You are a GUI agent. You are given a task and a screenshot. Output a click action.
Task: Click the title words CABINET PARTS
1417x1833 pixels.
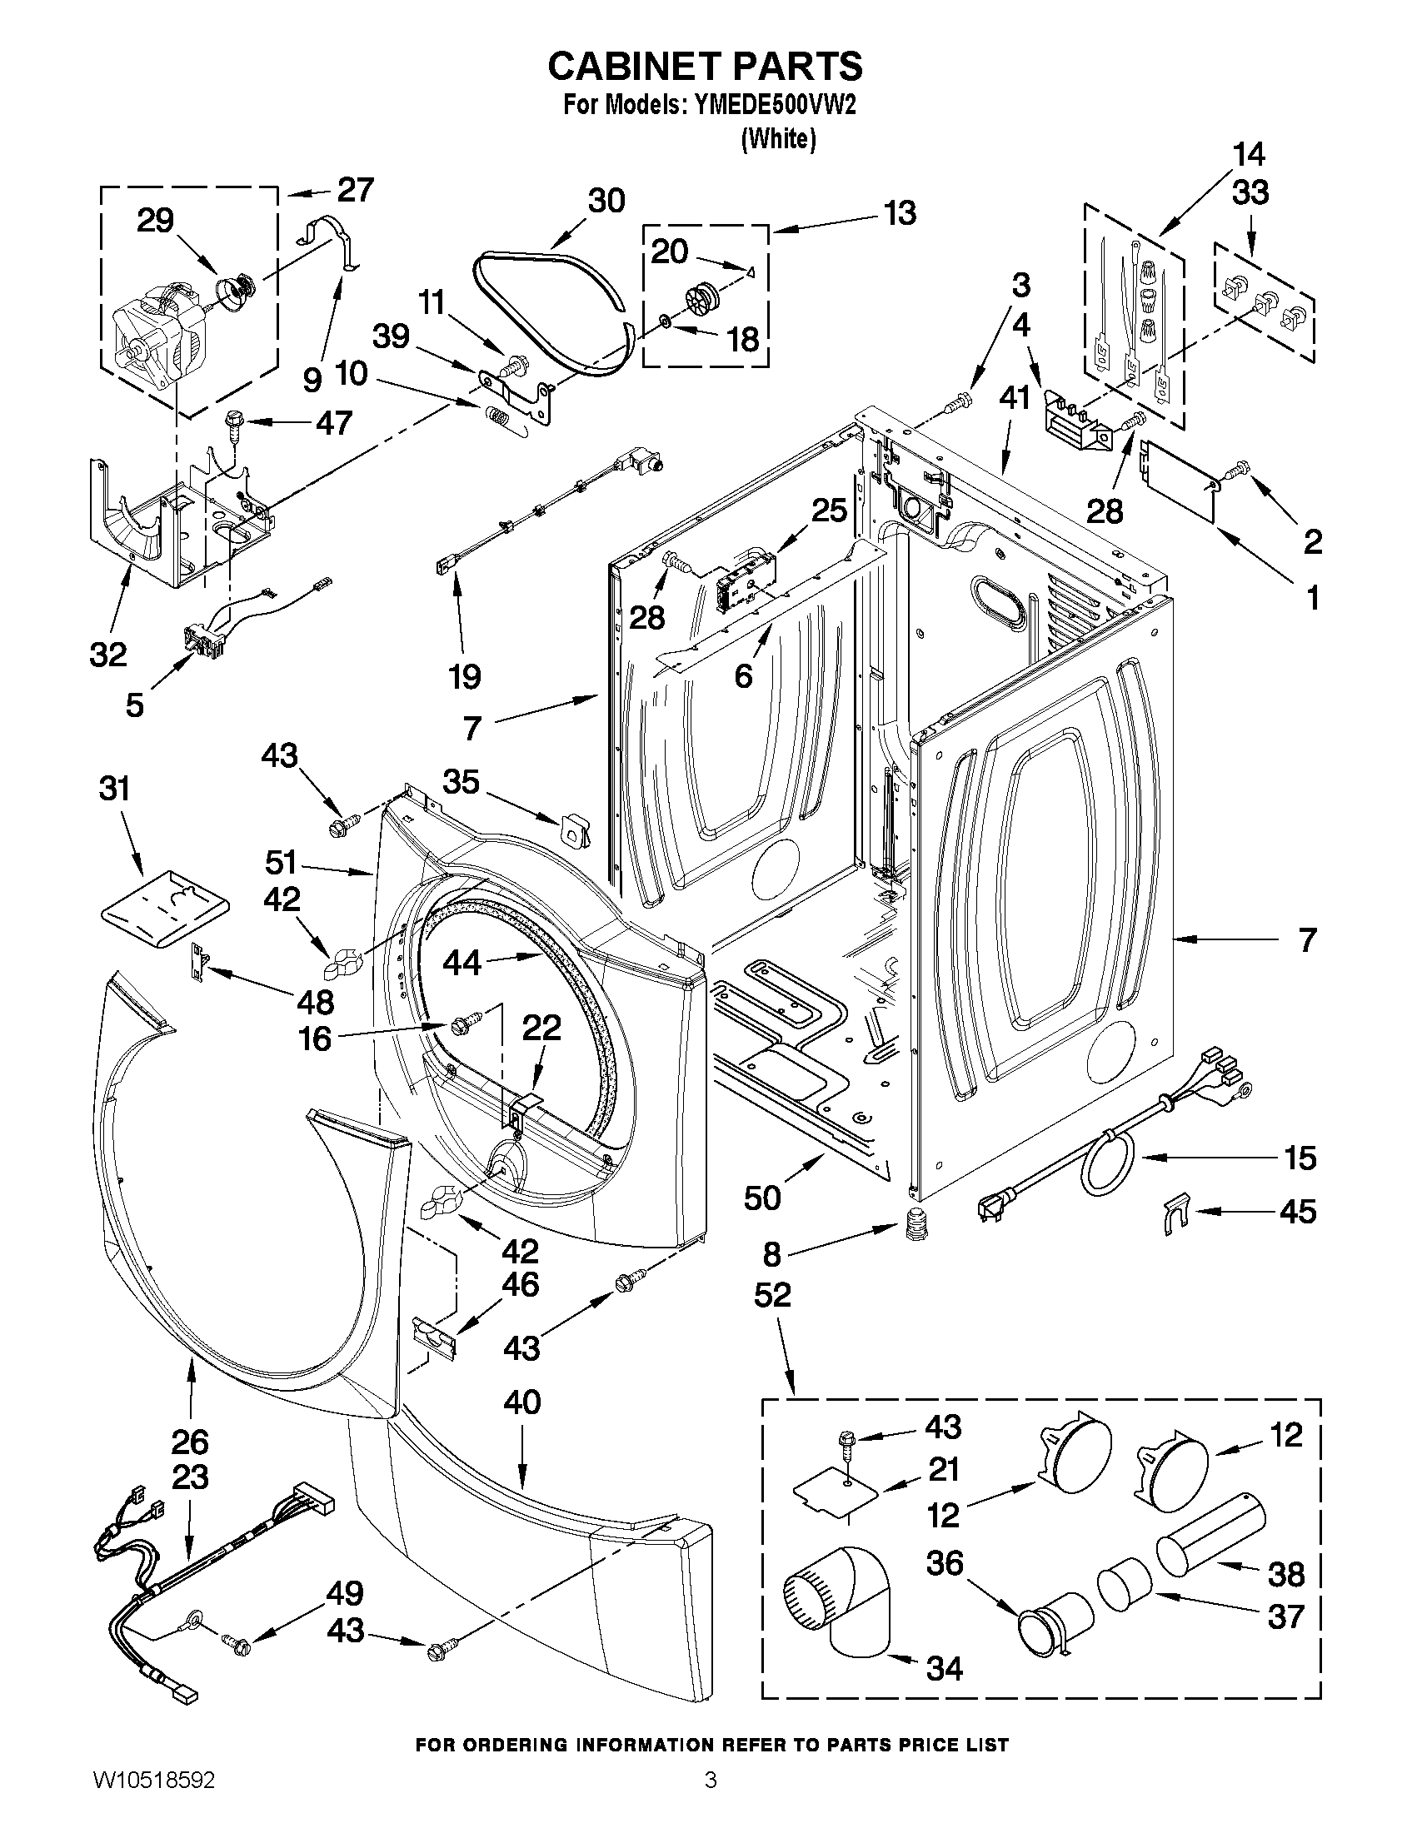[705, 66]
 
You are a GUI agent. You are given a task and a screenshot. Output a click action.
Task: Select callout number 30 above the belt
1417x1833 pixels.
[606, 202]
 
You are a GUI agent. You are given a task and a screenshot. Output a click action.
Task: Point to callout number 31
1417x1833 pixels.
[115, 789]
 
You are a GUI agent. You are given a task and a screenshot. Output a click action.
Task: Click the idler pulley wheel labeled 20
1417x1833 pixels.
[698, 298]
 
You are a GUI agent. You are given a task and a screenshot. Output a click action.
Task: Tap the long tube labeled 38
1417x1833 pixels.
[1211, 1537]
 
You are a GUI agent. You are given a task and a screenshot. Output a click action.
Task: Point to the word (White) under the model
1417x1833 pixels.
[778, 139]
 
